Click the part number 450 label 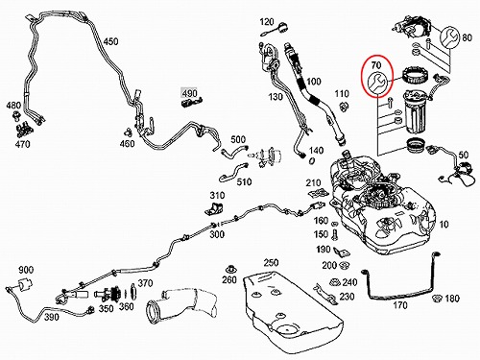coord(110,41)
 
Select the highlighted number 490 coord(189,93)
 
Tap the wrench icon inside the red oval coord(377,84)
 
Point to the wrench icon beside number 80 coord(450,37)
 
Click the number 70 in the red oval coord(376,65)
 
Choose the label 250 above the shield coord(271,263)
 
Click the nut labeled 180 coord(436,299)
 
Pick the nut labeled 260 coord(229,269)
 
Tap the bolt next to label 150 coord(335,235)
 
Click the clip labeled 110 coord(344,107)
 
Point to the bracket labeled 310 coord(214,208)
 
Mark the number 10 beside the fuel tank coord(444,225)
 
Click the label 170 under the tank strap coord(400,305)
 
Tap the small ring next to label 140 coord(312,160)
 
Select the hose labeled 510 coord(233,172)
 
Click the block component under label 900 coord(26,284)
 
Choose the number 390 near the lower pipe coord(52,317)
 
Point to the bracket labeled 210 coord(319,193)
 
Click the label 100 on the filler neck coord(313,82)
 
